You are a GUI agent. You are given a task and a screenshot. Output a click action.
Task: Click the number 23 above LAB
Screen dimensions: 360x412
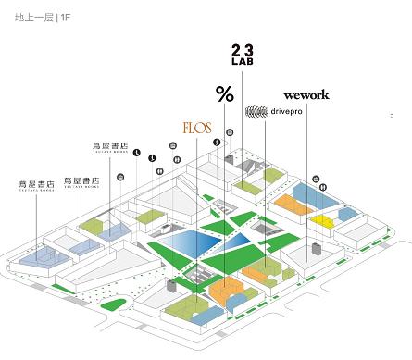pyautogui.click(x=242, y=49)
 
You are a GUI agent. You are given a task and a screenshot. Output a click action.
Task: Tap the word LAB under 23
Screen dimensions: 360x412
pyautogui.click(x=242, y=63)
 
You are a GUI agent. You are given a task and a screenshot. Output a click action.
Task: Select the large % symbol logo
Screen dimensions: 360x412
pyautogui.click(x=224, y=93)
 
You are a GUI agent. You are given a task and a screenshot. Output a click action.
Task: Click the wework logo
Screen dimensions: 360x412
pyautogui.click(x=306, y=94)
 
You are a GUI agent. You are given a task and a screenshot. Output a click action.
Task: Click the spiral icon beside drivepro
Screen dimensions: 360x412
pyautogui.click(x=256, y=112)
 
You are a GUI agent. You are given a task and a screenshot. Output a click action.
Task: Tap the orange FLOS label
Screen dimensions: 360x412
pyautogui.click(x=198, y=125)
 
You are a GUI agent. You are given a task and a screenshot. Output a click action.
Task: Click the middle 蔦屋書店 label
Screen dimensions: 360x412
pyautogui.click(x=81, y=180)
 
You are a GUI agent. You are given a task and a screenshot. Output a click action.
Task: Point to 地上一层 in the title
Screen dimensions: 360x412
pyautogui.click(x=33, y=17)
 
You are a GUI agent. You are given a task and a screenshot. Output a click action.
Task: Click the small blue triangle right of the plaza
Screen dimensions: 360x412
pyautogui.click(x=243, y=242)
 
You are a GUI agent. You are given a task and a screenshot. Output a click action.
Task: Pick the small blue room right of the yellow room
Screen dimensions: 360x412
pyautogui.click(x=346, y=215)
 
